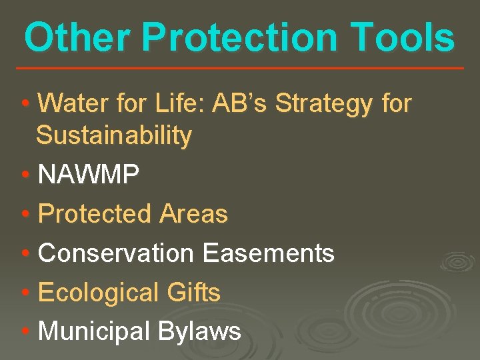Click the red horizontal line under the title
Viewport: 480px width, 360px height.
(x=240, y=68)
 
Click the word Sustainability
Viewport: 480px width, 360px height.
(x=114, y=136)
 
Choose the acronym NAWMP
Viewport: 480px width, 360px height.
(x=89, y=175)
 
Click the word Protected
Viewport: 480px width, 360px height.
(x=95, y=214)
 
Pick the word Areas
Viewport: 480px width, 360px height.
(x=194, y=214)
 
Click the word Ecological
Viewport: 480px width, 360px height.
(x=97, y=293)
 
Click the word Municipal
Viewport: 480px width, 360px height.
(x=95, y=331)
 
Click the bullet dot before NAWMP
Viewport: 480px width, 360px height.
(x=25, y=176)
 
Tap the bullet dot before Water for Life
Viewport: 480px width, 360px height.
(x=25, y=105)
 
